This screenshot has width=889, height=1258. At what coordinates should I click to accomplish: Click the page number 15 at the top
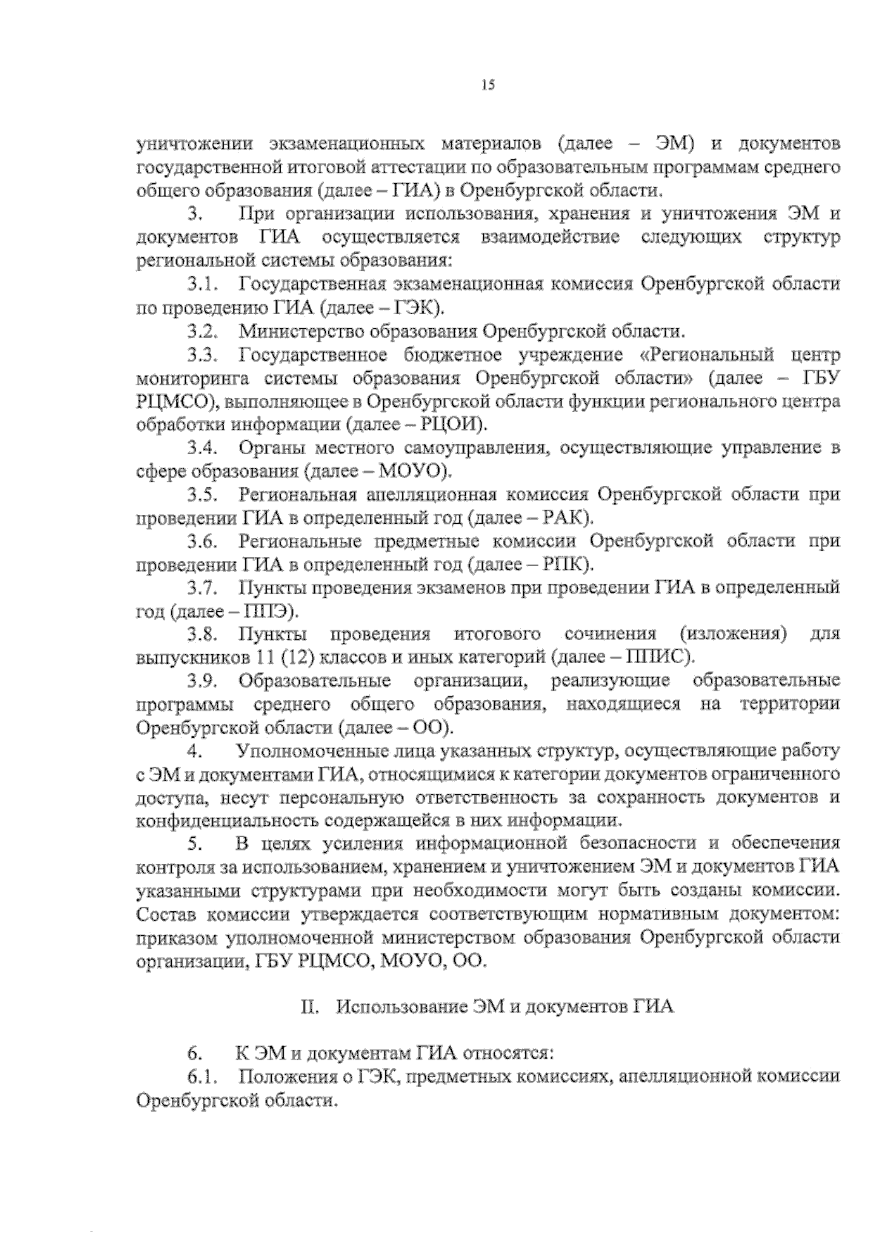coord(487,85)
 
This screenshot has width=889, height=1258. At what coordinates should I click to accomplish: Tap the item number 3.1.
coord(202,284)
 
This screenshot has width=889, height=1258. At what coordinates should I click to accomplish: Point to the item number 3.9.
coord(202,681)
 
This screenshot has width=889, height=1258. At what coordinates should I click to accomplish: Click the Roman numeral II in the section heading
coord(309,1008)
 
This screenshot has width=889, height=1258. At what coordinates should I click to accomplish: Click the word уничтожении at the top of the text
coord(192,143)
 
